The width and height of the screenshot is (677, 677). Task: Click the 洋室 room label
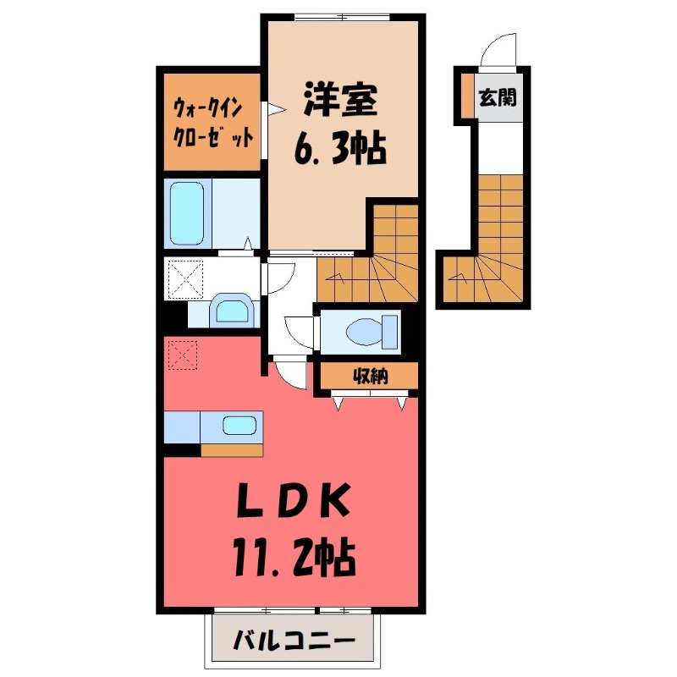click(341, 100)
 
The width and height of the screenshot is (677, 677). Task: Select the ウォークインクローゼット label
click(212, 123)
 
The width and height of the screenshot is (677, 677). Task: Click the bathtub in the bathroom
click(187, 213)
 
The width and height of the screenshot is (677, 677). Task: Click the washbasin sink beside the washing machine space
click(232, 311)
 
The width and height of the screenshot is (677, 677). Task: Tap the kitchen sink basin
click(239, 426)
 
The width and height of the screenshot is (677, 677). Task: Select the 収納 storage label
click(371, 377)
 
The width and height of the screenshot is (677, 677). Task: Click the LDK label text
click(294, 500)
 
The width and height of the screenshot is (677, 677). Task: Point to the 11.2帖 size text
click(294, 559)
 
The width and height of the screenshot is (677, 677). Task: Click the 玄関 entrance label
click(498, 97)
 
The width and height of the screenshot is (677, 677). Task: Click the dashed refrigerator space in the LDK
click(183, 355)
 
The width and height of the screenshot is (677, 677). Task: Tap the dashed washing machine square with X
click(184, 279)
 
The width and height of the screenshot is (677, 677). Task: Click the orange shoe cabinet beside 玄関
click(467, 96)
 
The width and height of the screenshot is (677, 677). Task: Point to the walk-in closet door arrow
click(277, 109)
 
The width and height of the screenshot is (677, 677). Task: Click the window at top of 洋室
click(343, 17)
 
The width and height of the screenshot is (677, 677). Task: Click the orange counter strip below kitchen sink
click(232, 450)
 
